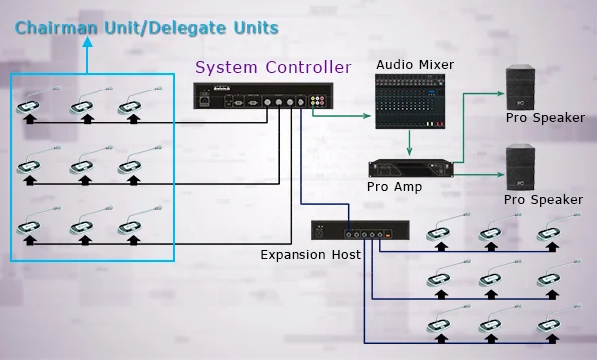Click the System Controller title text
tap(274, 67)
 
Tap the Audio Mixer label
tap(415, 65)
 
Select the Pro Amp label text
tap(394, 187)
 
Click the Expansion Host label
tap(310, 254)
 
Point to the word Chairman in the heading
tap(56, 28)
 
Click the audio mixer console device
tap(410, 101)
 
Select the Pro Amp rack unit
tap(411, 169)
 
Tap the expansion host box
tap(360, 230)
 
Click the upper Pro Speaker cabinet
tap(520, 88)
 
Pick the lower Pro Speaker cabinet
tap(520, 167)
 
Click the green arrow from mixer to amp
tap(409, 143)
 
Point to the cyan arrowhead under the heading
tap(88, 41)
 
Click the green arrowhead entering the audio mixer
tap(367, 116)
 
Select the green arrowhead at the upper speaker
tap(501, 93)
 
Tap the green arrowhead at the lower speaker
tap(501, 175)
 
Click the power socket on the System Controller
tap(204, 101)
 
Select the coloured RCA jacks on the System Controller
tap(317, 100)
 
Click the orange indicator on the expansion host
tap(388, 235)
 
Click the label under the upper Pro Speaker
tap(545, 118)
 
